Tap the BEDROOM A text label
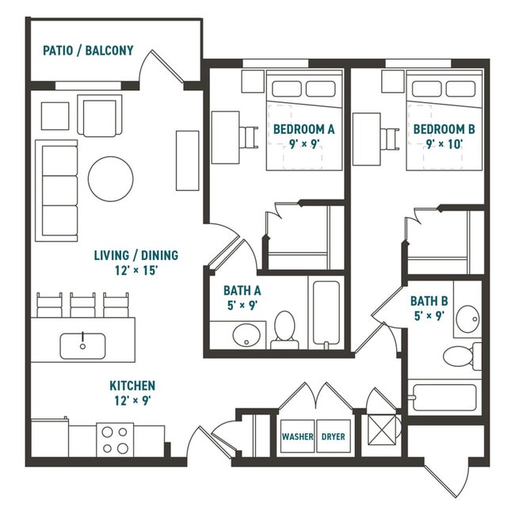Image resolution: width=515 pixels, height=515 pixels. [303, 129]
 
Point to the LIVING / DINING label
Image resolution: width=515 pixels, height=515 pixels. [135, 255]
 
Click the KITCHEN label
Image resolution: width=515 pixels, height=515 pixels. [132, 385]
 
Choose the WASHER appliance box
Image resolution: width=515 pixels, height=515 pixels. [297, 437]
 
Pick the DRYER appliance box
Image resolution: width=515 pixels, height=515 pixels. [334, 437]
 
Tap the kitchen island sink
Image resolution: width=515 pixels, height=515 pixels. [83, 345]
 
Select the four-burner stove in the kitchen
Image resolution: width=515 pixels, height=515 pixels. [115, 440]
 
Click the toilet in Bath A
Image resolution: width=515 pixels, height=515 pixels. [284, 330]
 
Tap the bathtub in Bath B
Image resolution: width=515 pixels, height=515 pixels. [444, 397]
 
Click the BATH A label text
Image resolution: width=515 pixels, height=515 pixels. [242, 291]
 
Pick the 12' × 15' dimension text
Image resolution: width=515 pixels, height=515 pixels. [135, 270]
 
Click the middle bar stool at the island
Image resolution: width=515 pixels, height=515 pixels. [82, 305]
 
